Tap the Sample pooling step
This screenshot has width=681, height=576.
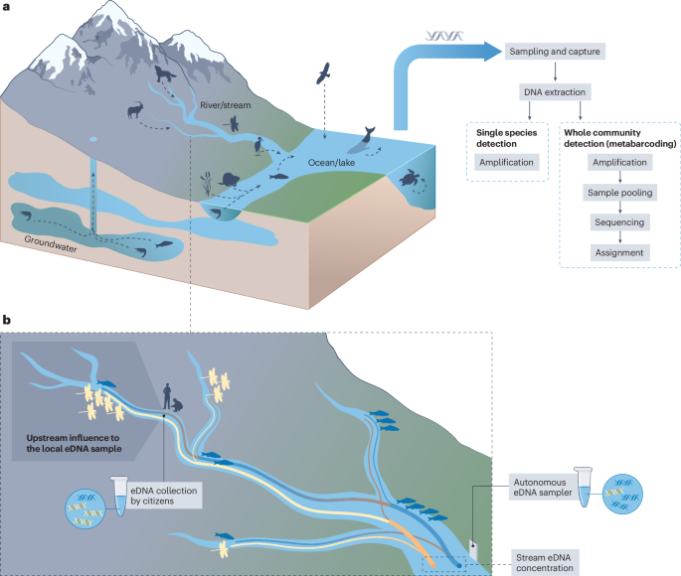[x=620, y=192]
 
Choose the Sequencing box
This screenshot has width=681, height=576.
[x=620, y=222]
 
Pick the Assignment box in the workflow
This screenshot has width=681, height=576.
[x=620, y=252]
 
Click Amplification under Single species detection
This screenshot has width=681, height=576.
[x=507, y=162]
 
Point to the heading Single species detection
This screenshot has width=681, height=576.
[x=507, y=136]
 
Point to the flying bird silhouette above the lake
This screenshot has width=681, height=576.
[x=324, y=74]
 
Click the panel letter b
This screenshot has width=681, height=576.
[x=8, y=321]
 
